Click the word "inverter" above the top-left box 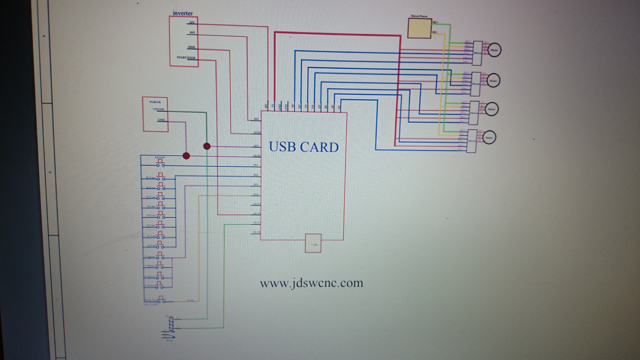tap(183, 13)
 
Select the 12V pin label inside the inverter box tap(192, 23)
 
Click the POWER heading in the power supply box tap(155, 102)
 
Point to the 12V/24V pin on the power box tap(158, 109)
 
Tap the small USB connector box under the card tap(313, 243)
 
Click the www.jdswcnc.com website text tap(311, 283)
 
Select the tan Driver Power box tap(420, 28)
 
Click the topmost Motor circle tap(494, 50)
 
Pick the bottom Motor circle tap(489, 137)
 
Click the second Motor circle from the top tap(493, 80)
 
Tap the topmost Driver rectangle tap(478, 53)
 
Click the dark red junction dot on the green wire tap(207, 146)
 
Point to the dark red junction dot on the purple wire tap(186, 156)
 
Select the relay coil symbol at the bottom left tap(171, 322)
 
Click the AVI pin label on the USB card tap(256, 119)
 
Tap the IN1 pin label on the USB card tap(256, 165)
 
